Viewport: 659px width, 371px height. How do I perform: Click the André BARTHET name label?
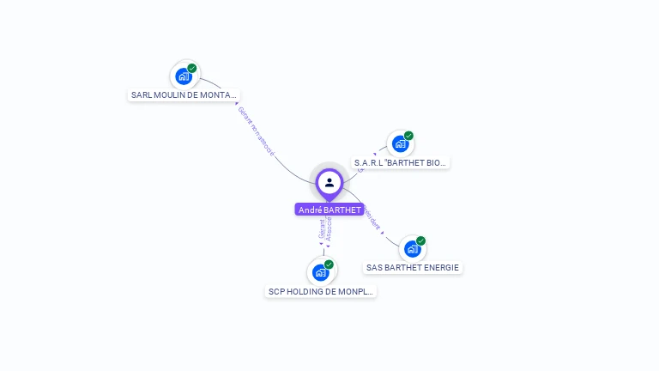tap(329, 210)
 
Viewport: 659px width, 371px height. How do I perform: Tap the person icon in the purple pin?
tap(329, 182)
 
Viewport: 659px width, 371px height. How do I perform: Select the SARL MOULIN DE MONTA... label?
tap(184, 95)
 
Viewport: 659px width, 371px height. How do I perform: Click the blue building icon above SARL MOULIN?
tap(184, 76)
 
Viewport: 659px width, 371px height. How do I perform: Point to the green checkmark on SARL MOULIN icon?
tap(192, 68)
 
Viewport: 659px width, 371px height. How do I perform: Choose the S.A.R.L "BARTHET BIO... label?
tap(401, 162)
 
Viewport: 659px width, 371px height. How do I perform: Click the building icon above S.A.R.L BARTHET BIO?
tap(401, 144)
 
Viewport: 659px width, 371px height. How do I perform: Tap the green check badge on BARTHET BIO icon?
tap(409, 136)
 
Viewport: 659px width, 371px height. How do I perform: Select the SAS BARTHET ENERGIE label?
tap(413, 267)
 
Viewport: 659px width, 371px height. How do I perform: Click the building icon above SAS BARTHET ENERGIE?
tap(413, 249)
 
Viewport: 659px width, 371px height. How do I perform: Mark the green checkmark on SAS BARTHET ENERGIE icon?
tap(421, 240)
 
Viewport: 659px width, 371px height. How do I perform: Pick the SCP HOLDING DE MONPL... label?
tap(321, 291)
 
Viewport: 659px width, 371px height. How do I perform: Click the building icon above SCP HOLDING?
tap(321, 273)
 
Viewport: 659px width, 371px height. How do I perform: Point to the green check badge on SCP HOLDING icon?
tap(329, 265)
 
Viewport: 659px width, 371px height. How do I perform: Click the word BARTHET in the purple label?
tap(342, 210)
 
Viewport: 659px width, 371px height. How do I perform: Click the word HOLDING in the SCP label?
tap(305, 291)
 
